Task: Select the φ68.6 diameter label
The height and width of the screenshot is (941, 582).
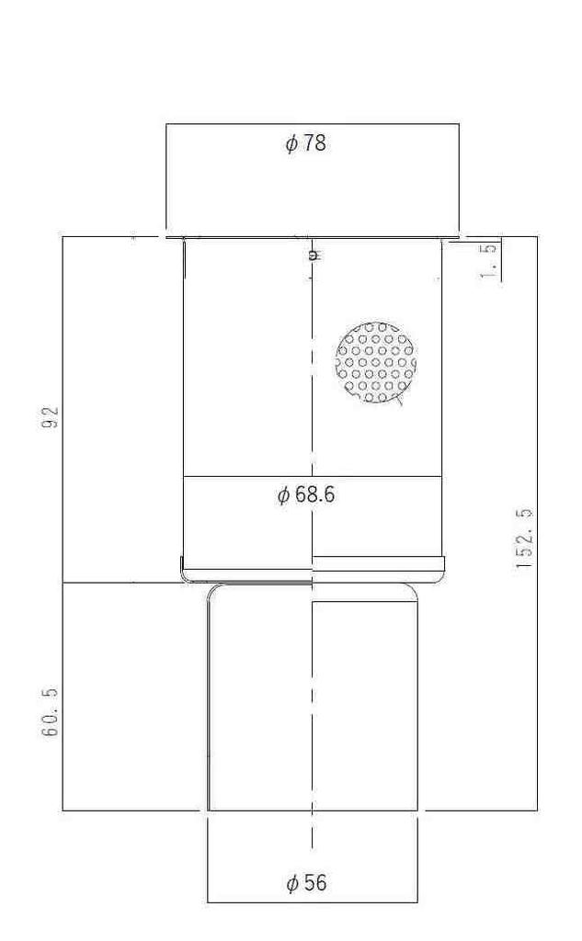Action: pyautogui.click(x=306, y=495)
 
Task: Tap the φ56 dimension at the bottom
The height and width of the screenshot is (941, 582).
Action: pyautogui.click(x=306, y=884)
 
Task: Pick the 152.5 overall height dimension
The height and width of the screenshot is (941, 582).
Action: pyautogui.click(x=525, y=539)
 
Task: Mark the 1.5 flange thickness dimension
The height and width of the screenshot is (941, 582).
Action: pyautogui.click(x=491, y=260)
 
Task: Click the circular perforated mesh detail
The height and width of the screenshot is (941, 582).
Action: pyautogui.click(x=376, y=362)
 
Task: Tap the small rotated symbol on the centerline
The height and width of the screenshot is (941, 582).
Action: pyautogui.click(x=313, y=255)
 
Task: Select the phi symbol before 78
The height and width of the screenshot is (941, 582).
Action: pyautogui.click(x=291, y=144)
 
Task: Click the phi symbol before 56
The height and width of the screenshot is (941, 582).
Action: pyautogui.click(x=292, y=885)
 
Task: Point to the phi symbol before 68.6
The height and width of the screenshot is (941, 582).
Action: pyautogui.click(x=283, y=496)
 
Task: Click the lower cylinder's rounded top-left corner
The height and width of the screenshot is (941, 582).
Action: pyautogui.click(x=212, y=591)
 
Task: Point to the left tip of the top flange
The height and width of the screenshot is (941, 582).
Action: pyautogui.click(x=166, y=236)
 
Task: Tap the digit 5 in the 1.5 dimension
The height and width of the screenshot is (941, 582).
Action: pyautogui.click(x=491, y=248)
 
